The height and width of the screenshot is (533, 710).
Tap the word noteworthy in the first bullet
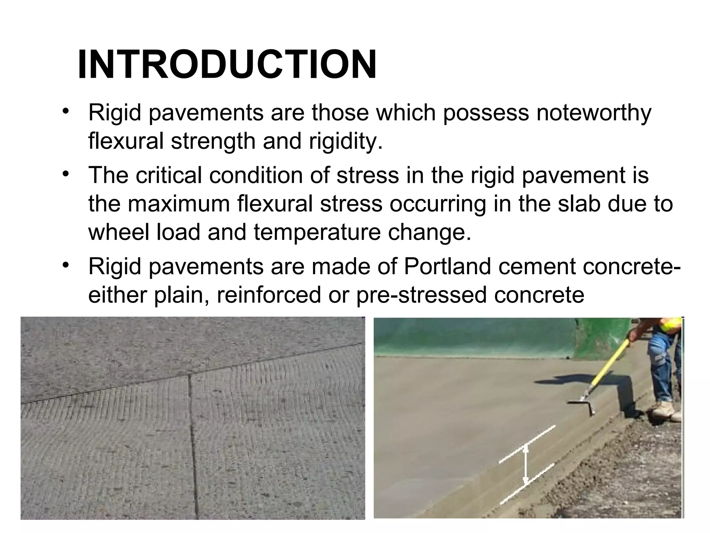(594, 113)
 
